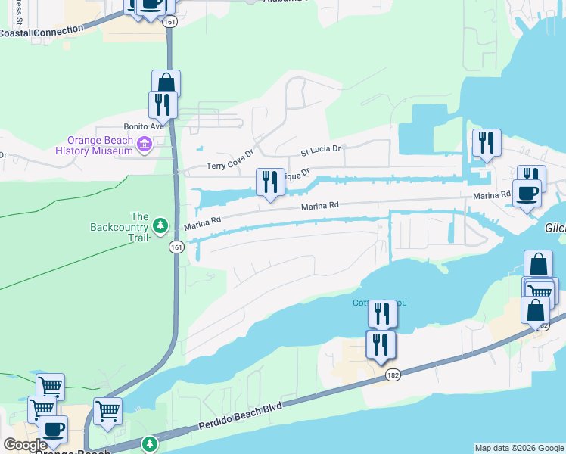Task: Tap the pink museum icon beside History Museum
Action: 145,143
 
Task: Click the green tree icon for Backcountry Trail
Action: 160,225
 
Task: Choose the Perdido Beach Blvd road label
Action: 241,417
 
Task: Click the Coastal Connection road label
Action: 41,32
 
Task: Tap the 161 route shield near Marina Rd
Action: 176,247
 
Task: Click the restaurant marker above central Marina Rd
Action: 270,182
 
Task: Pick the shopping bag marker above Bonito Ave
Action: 166,83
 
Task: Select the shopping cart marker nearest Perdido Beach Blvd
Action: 108,412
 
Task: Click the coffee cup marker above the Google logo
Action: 53,429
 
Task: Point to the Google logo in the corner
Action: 25,445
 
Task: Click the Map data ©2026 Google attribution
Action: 518,448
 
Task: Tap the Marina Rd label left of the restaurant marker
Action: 203,222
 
